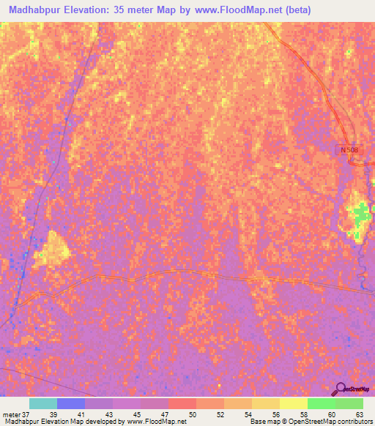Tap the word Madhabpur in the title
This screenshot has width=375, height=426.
pos(30,10)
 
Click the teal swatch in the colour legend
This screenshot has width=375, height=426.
pos(42,403)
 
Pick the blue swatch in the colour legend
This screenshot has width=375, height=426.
pos(71,403)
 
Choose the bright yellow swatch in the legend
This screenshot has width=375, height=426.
pos(293,403)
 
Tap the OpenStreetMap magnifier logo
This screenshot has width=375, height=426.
pos(341,389)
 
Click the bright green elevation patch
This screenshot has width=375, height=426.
pos(360,214)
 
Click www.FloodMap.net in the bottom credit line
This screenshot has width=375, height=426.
pos(155,422)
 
